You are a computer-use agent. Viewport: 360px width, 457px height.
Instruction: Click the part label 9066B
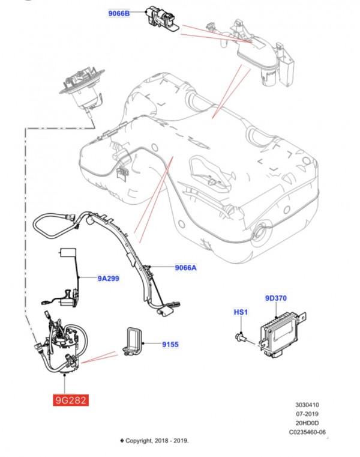tap(119, 13)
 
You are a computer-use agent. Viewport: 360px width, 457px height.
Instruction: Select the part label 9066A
tap(185, 268)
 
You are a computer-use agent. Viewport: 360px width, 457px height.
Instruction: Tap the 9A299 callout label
tap(109, 279)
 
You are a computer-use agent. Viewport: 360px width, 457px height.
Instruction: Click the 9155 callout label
tap(171, 345)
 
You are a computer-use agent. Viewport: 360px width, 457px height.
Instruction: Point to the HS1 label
tap(240, 312)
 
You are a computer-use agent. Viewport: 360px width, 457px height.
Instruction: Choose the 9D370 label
tap(276, 298)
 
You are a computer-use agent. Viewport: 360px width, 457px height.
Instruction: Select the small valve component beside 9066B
tap(158, 18)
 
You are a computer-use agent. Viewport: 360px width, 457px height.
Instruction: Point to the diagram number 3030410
tap(307, 405)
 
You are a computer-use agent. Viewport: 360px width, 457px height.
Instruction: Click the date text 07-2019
tap(307, 414)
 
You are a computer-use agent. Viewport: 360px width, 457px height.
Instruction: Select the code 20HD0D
tap(307, 423)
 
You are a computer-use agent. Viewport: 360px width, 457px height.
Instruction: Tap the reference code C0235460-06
tap(307, 432)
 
